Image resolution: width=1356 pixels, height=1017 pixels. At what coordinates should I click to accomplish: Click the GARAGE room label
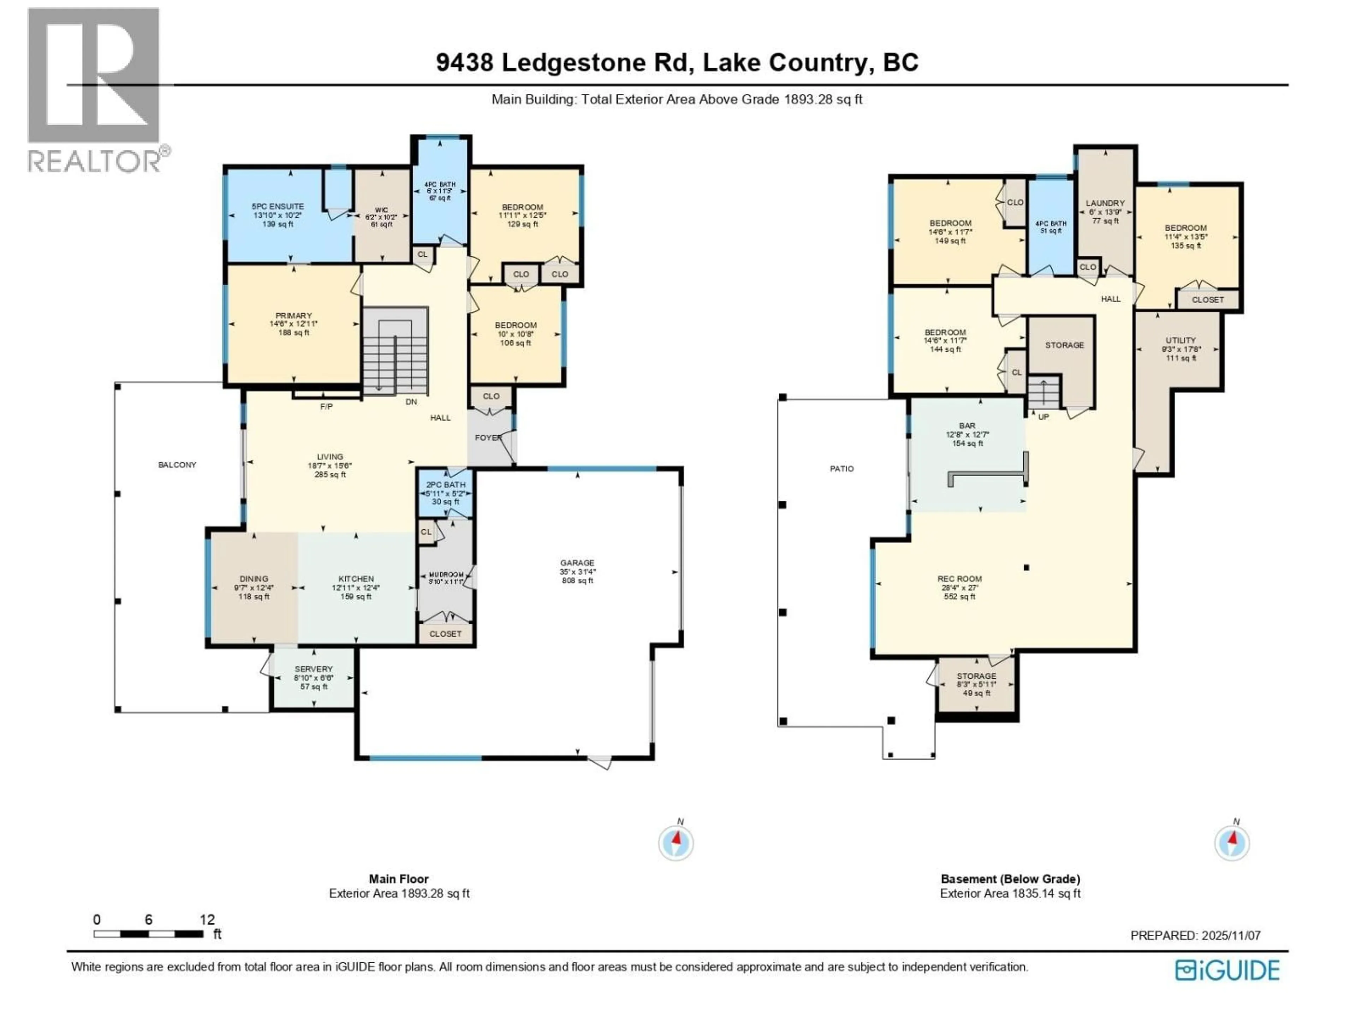(577, 563)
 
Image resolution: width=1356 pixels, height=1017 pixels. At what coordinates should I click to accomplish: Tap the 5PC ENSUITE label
(277, 207)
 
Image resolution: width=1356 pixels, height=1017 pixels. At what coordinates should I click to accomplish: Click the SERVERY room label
(313, 669)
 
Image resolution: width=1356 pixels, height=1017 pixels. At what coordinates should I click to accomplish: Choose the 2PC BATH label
(446, 484)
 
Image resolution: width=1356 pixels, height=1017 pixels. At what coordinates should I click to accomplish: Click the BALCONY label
(177, 465)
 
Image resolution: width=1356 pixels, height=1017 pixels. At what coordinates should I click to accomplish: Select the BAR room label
(967, 426)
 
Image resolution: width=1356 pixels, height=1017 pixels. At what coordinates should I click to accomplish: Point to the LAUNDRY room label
(1105, 203)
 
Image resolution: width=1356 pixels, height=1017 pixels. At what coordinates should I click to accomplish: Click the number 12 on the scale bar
(207, 920)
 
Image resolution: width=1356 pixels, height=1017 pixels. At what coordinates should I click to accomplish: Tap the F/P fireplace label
(326, 406)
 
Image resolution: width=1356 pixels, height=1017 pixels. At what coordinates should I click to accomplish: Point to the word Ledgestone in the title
(594, 63)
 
